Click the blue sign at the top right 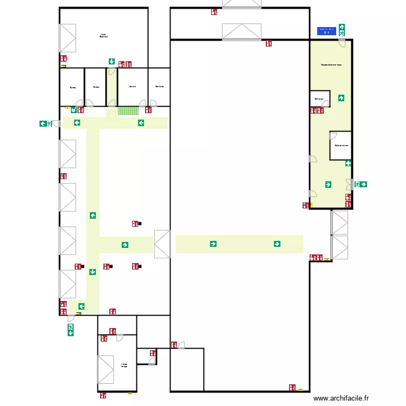(326, 31)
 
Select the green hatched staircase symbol (129, 110)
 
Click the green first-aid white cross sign (348, 163)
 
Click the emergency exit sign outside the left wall (45, 123)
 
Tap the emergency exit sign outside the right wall (361, 185)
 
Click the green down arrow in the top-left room (111, 62)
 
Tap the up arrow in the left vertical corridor (93, 215)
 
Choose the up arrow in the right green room (341, 98)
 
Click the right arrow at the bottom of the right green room (329, 185)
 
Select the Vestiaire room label (132, 87)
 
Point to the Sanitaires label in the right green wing (319, 99)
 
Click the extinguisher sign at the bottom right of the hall (292, 388)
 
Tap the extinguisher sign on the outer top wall (214, 11)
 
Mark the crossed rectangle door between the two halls (162, 244)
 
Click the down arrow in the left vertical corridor (93, 272)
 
